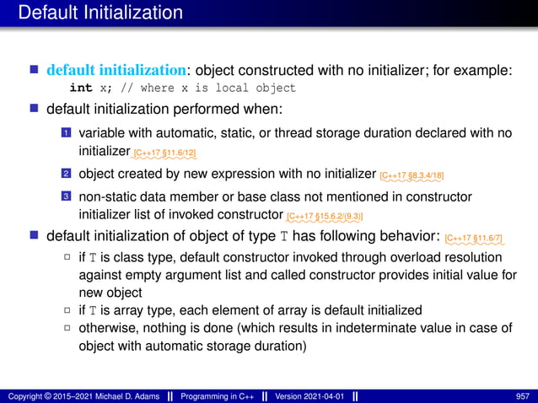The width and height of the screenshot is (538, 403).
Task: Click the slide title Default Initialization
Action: pyautogui.click(x=100, y=13)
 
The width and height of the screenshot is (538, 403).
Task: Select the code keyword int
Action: pyautogui.click(x=80, y=88)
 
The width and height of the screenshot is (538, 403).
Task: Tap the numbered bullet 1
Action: pyautogui.click(x=66, y=132)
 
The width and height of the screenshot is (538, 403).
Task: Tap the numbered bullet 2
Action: pyautogui.click(x=66, y=175)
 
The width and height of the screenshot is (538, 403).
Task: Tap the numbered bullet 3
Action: pyautogui.click(x=66, y=196)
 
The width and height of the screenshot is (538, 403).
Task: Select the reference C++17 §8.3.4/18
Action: pyautogui.click(x=412, y=175)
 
